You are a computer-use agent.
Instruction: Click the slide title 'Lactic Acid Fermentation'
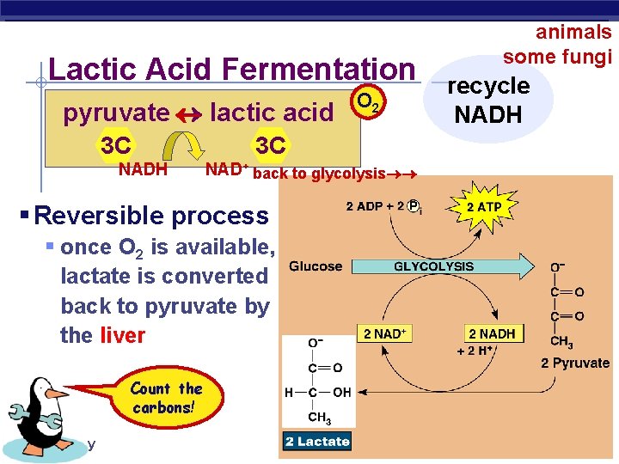click(x=232, y=70)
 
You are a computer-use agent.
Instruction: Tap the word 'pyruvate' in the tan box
click(x=116, y=112)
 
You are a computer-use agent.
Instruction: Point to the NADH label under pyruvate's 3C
click(x=143, y=169)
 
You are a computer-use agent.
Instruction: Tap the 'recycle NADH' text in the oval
click(x=488, y=99)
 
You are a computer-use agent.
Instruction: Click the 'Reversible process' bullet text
click(x=151, y=215)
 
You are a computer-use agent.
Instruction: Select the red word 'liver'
click(x=123, y=335)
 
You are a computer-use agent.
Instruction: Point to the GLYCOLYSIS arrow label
click(x=433, y=266)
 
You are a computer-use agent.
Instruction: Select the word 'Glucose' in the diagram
click(x=316, y=266)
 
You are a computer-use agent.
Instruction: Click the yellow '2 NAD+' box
click(x=385, y=333)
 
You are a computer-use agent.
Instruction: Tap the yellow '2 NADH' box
click(x=492, y=333)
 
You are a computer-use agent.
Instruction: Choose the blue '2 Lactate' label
click(x=317, y=442)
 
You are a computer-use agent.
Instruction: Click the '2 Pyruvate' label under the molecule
click(x=575, y=363)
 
